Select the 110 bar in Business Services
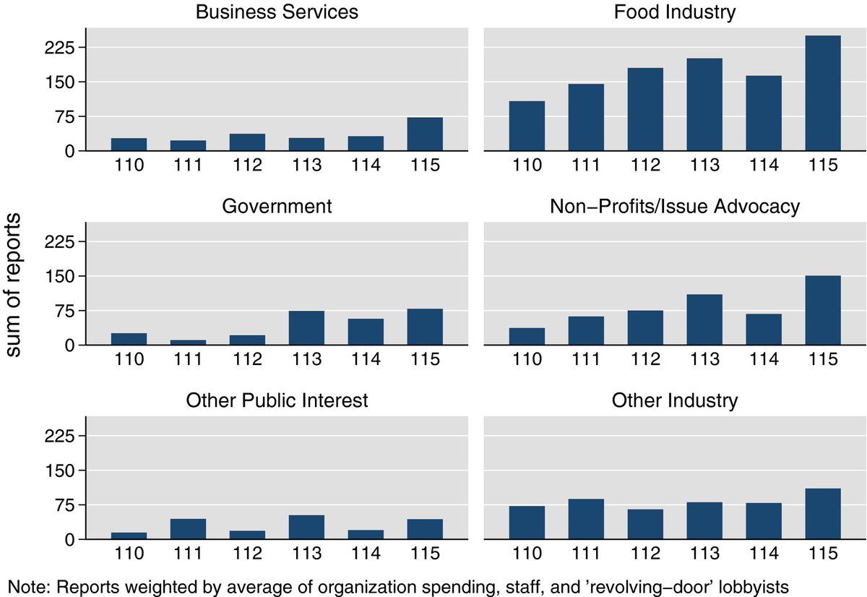(129, 145)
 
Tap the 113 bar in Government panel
(306, 328)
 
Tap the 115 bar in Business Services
(425, 134)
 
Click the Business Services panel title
(277, 12)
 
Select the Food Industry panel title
(674, 12)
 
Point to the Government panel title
(277, 206)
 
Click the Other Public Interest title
(277, 400)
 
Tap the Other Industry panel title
(674, 400)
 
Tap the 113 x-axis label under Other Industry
(704, 554)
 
